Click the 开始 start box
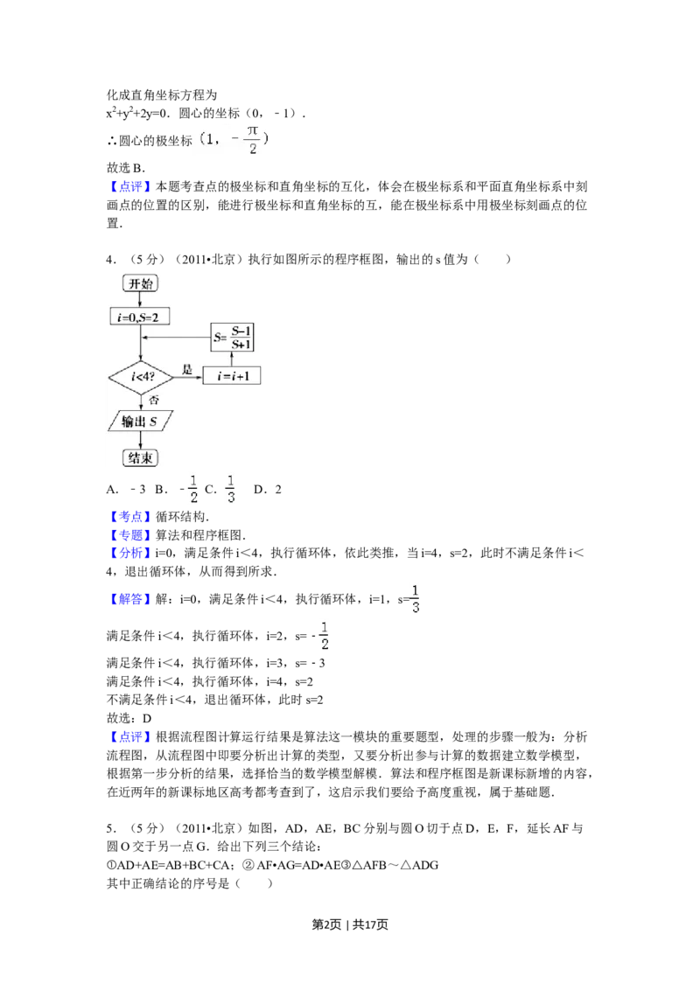[141, 283]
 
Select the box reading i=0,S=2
[139, 317]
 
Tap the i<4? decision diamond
[140, 377]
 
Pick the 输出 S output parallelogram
[140, 422]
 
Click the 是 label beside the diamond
[187, 370]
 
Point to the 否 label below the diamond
[154, 400]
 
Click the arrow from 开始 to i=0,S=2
[140, 300]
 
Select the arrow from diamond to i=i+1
[189, 377]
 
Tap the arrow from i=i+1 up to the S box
[233, 359]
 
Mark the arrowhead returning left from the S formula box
[145, 338]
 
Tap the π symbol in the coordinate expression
[253, 129]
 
